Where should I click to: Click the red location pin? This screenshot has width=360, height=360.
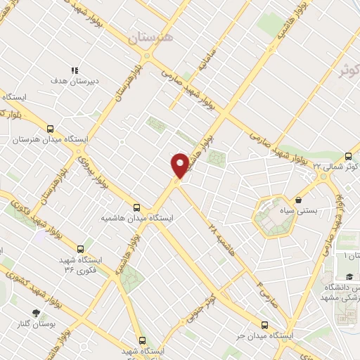(180, 165)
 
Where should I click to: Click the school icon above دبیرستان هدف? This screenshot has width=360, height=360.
(75, 70)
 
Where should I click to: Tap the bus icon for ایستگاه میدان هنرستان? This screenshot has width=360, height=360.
(50, 129)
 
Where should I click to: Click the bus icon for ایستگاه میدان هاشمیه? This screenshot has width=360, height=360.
(136, 207)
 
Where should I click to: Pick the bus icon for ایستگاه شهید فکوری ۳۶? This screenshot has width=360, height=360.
(80, 249)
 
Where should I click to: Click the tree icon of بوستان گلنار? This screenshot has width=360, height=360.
(36, 313)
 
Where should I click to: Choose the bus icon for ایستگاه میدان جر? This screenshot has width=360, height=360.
(264, 325)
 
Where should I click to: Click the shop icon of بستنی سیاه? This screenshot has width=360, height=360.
(299, 199)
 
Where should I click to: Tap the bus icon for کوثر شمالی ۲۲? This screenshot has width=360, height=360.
(349, 156)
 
